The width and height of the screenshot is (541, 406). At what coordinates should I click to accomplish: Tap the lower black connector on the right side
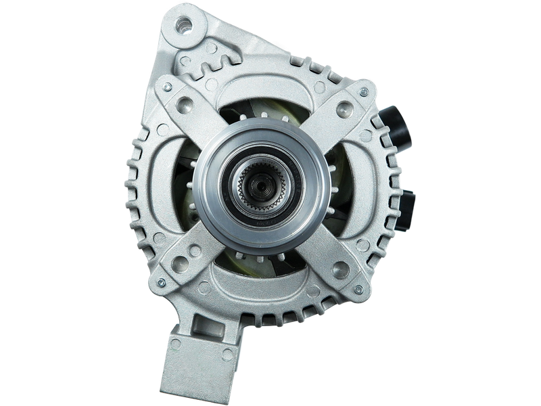(x=410, y=206)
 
